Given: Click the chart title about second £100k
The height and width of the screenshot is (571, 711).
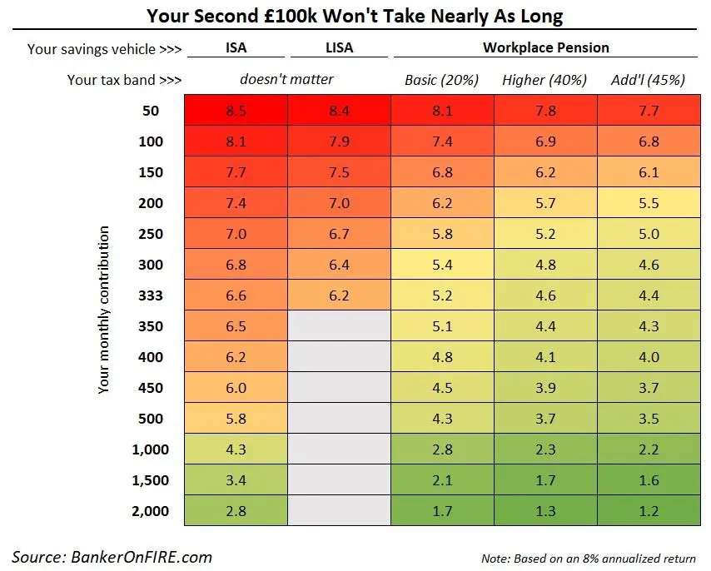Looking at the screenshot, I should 355,15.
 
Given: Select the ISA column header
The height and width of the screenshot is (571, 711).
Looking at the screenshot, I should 236,47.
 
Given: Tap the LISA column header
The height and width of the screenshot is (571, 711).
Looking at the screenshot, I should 339,47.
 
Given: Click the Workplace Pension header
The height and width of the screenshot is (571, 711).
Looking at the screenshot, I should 545,47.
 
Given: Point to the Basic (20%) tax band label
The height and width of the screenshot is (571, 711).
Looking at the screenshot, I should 441,80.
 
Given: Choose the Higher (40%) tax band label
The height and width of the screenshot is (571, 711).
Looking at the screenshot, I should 544,80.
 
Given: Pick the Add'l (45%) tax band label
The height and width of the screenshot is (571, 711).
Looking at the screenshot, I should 648,80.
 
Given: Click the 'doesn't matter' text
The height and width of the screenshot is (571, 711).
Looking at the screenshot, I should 286,80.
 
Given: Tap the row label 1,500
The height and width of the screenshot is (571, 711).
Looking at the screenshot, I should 150,480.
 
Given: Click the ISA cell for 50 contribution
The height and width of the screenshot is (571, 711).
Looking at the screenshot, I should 236,111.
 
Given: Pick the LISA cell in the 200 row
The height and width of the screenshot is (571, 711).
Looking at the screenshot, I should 339,203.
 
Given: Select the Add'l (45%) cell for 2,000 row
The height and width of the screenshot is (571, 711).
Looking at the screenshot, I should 648,511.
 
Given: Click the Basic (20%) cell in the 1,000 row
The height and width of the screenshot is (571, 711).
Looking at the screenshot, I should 442,449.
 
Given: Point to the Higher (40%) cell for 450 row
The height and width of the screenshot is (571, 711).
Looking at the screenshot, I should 544,388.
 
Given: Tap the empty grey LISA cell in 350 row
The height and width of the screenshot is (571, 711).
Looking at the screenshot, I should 339,326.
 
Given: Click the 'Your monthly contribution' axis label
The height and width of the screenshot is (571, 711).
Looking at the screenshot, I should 103,310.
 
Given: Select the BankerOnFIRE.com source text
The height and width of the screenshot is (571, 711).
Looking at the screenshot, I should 112,557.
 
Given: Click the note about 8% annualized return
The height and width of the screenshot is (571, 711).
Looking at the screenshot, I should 588,558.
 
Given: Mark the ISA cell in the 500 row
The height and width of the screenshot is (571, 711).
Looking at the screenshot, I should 236,419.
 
